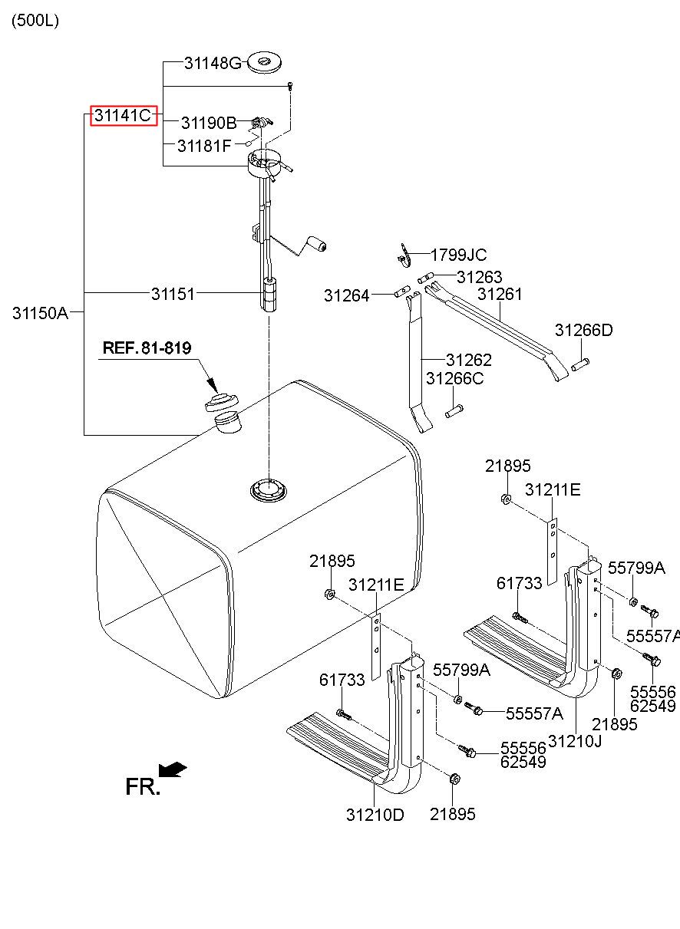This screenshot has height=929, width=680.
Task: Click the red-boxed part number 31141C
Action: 124,116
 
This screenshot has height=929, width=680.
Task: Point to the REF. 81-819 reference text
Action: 147,348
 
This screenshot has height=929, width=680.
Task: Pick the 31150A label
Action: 40,313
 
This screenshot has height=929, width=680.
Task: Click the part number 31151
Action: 173,293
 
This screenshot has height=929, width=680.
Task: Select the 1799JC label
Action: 458,255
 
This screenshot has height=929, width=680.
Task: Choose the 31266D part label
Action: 584,331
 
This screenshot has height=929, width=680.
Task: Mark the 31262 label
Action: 469,360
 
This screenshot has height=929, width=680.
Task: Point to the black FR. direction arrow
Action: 172,769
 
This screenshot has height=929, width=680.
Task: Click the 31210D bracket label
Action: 375,815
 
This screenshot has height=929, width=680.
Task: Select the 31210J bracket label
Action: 575,742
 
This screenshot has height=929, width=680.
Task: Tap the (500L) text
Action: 35,21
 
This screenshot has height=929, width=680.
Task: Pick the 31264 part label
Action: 346,295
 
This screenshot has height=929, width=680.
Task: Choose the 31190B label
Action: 208,123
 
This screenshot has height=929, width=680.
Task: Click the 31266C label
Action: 455,378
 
